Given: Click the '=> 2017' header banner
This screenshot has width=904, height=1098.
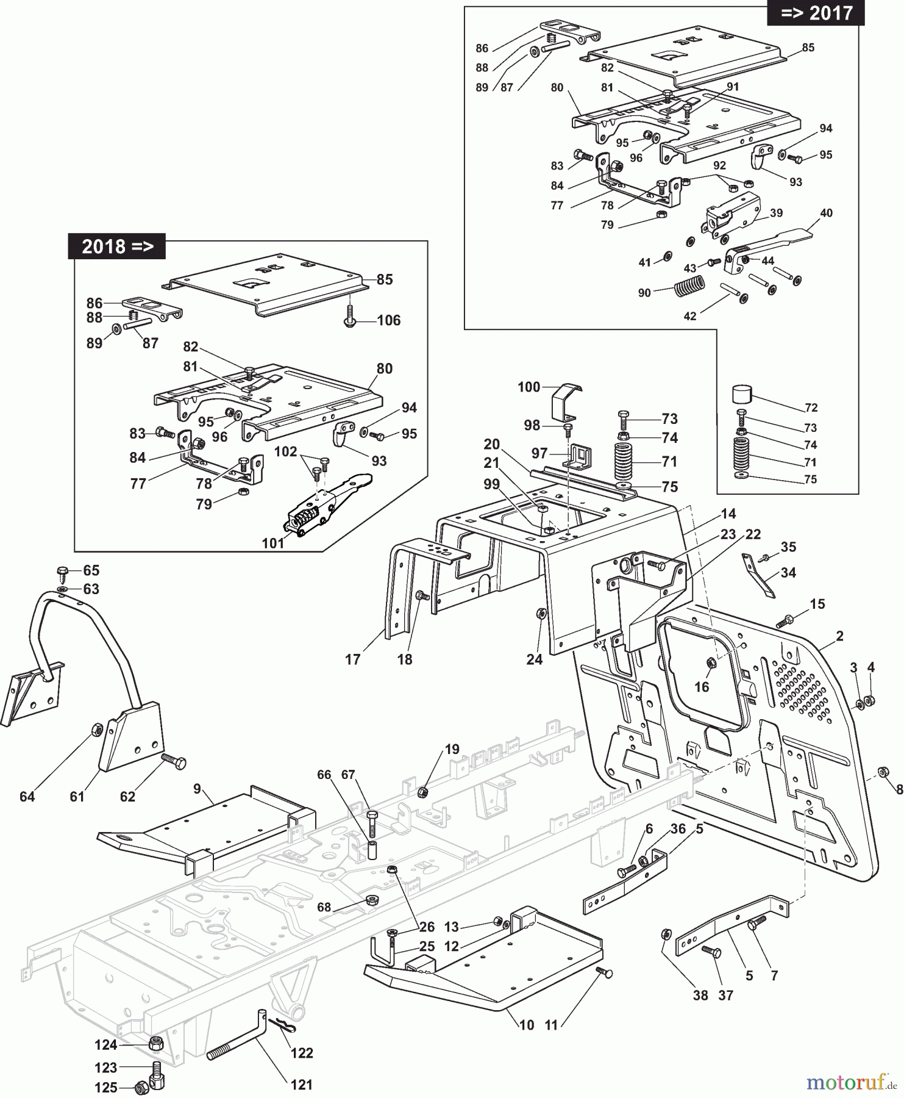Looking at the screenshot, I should [x=816, y=13].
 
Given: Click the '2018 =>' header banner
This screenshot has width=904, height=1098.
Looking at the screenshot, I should [x=116, y=246].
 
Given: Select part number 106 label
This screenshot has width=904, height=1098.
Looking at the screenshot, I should [x=388, y=320].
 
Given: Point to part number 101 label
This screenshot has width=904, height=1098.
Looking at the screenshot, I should [x=273, y=542].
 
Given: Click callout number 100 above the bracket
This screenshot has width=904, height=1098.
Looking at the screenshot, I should [x=529, y=387].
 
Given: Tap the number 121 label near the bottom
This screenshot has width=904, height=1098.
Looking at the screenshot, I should [x=302, y=1085].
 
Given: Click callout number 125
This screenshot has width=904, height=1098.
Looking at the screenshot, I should [x=105, y=1088].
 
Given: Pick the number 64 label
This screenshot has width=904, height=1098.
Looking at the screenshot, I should [x=27, y=796].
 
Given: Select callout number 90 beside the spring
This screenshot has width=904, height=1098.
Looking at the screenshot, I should [x=644, y=293].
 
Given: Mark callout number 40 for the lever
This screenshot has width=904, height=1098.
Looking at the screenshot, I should [x=826, y=213].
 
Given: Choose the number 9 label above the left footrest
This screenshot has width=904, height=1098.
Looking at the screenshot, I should [x=197, y=789].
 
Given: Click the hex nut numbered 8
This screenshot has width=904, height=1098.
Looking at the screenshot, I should [x=882, y=772].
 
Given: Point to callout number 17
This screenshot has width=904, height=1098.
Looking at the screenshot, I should [x=353, y=659].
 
